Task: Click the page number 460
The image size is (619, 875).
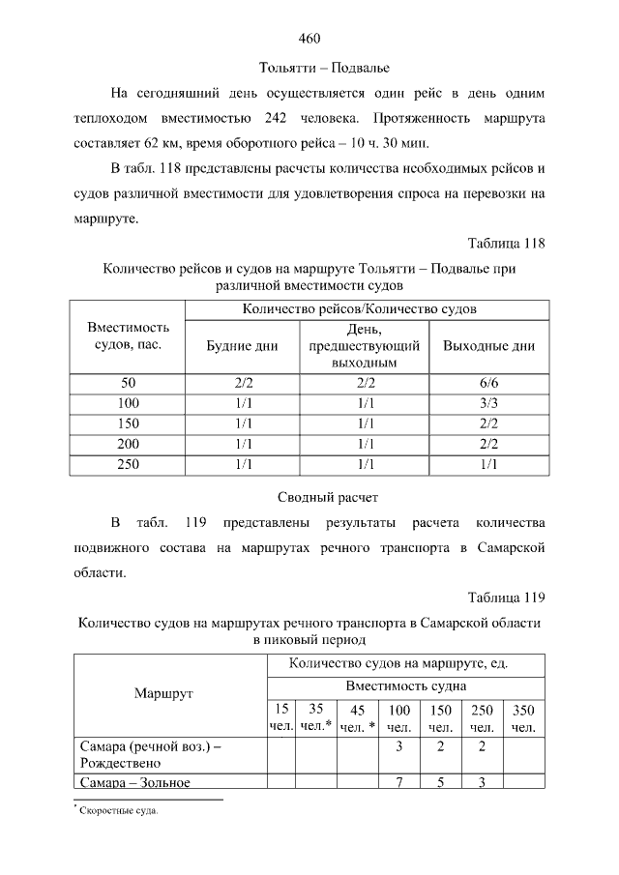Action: tap(309, 39)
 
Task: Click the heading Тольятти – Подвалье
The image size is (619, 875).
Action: tap(309, 69)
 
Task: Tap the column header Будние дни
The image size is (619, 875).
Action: tap(243, 346)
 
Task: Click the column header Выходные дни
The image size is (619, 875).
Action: tap(488, 346)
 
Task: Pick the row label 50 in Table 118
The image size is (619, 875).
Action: tap(128, 383)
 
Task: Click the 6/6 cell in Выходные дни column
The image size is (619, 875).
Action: tap(488, 383)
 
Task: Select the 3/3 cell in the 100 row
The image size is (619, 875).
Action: tap(488, 403)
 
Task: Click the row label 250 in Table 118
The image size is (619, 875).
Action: tap(128, 464)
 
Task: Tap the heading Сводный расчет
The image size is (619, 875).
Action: tap(309, 499)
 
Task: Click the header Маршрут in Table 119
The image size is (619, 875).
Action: tap(165, 694)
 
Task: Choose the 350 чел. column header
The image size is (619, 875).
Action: tap(523, 718)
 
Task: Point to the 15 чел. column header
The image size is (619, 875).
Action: tap(282, 718)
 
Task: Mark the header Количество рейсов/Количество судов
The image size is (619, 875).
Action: tap(368, 309)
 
